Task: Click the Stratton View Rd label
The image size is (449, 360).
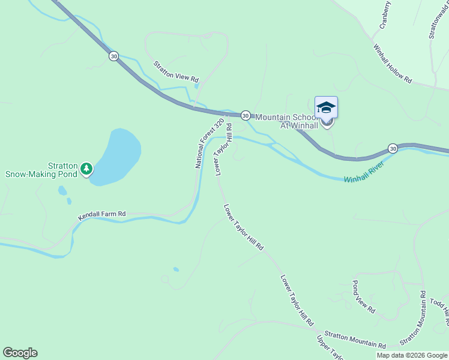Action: [x=175, y=71]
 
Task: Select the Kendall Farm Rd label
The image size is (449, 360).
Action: [x=101, y=214]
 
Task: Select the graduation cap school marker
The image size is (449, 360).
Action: [x=326, y=108]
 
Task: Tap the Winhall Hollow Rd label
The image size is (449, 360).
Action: [x=392, y=63]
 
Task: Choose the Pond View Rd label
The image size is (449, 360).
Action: [x=363, y=296]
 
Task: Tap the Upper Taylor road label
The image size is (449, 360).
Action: [x=330, y=349]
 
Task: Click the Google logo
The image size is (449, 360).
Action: [x=20, y=353]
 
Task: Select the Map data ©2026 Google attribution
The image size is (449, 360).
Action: [x=412, y=355]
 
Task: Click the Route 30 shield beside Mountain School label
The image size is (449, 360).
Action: [x=246, y=115]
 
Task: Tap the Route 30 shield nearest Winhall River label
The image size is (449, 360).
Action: [x=393, y=148]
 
